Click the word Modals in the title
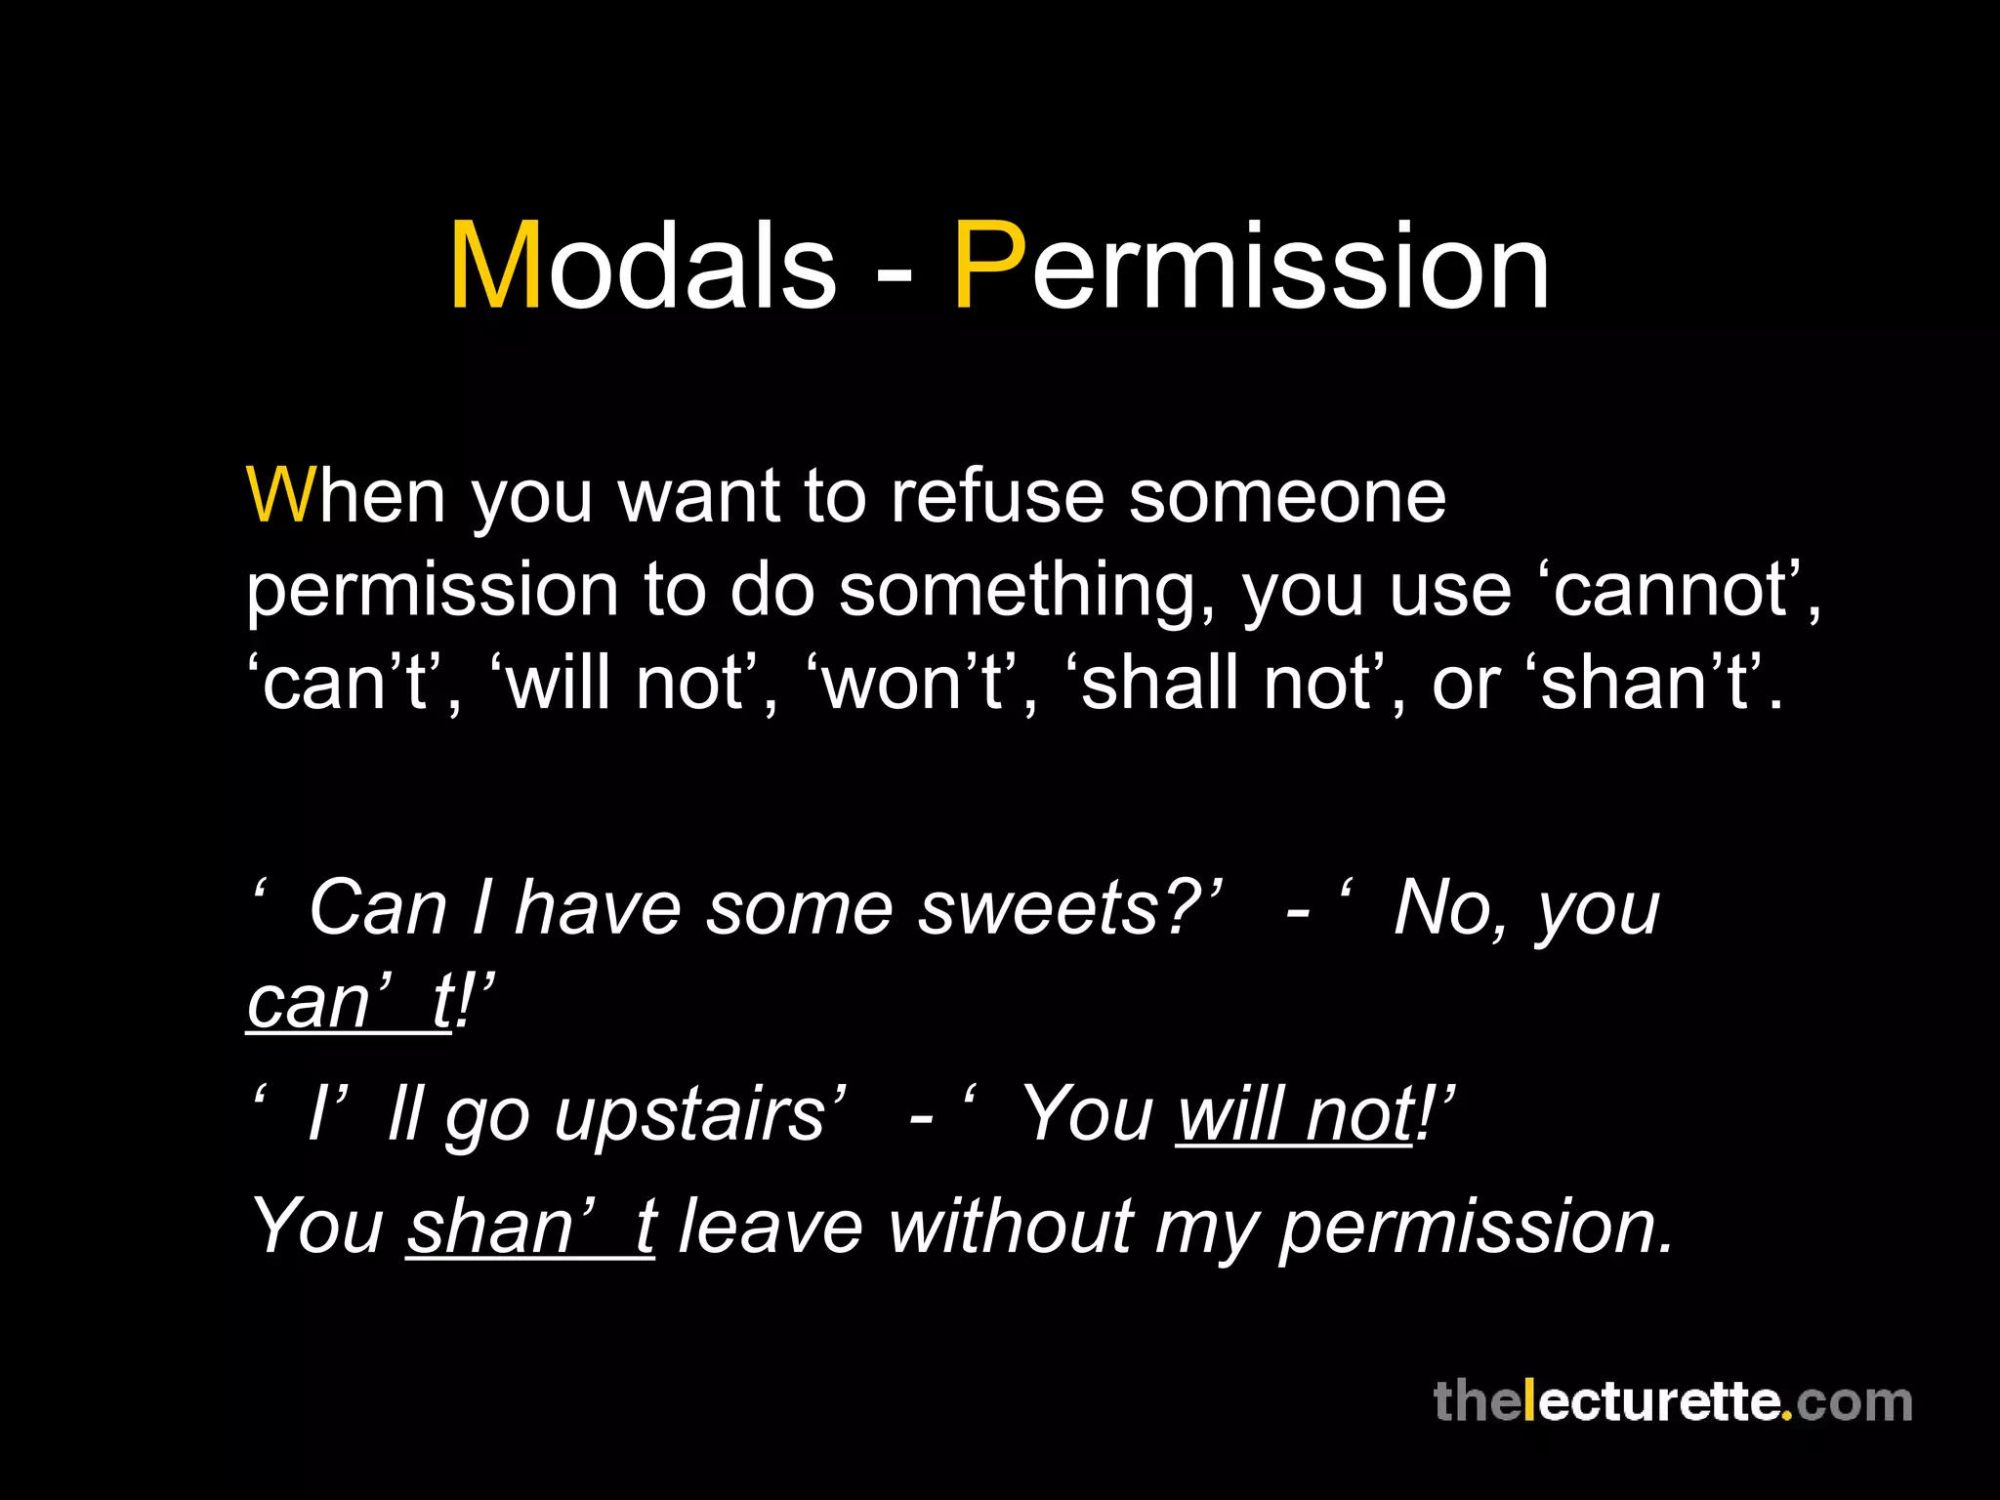tap(643, 267)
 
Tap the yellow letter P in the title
tap(989, 267)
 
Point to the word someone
tap(1286, 496)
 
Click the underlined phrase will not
tap(1294, 1114)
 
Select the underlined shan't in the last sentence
tap(530, 1227)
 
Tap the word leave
tap(771, 1227)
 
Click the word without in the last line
tap(1010, 1227)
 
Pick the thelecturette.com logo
tap(1671, 1401)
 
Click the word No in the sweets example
tap(1441, 909)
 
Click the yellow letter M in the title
tap(495, 267)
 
